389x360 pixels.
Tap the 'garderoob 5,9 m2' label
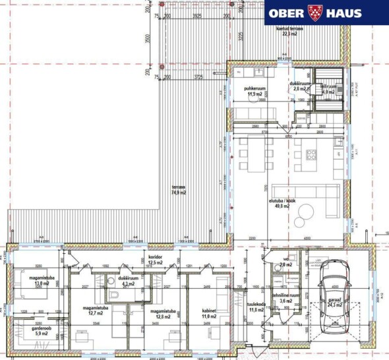[28, 331]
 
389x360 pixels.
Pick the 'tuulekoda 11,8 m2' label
[256, 307]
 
